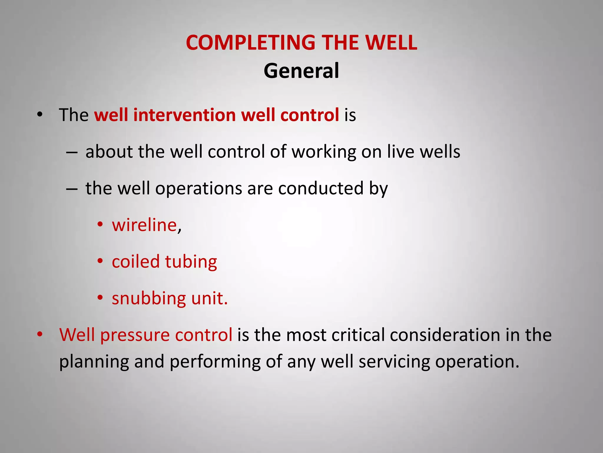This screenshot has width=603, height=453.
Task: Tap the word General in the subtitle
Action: point(301,71)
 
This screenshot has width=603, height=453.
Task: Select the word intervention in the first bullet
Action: point(184,115)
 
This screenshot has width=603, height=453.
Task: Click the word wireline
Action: point(144,225)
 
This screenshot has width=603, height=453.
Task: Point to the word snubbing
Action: point(149,298)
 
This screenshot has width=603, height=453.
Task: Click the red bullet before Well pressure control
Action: point(40,334)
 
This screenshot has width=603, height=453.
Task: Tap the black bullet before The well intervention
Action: point(40,114)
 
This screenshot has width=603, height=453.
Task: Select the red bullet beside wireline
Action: point(100,225)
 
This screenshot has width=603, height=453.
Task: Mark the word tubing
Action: point(191,262)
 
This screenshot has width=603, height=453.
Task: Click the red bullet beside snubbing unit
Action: point(100,298)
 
